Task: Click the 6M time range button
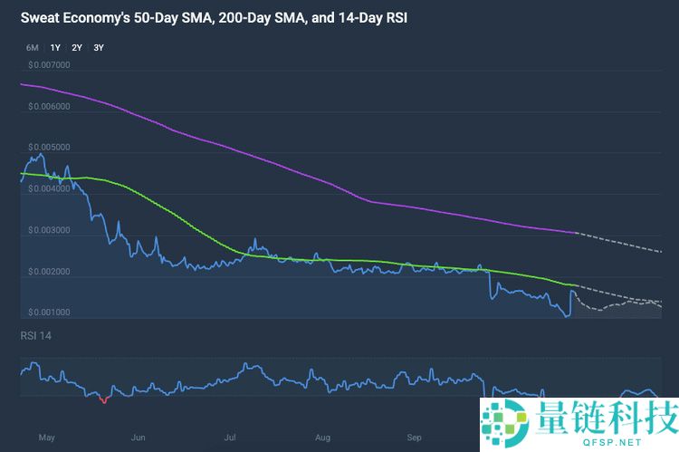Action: [x=32, y=47]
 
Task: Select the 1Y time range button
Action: [x=55, y=47]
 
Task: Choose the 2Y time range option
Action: [x=77, y=47]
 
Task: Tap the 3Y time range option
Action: [x=99, y=47]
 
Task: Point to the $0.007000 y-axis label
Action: [x=49, y=65]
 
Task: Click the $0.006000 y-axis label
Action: [x=49, y=107]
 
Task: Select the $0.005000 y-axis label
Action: [x=49, y=148]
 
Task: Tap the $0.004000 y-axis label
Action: [x=49, y=189]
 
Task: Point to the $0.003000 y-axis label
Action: [x=49, y=230]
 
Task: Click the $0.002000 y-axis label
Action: [x=49, y=272]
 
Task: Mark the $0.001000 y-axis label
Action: [x=49, y=313]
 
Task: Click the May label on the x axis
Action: [x=47, y=438]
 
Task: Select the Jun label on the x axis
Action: [x=139, y=438]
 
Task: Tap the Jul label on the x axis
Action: [x=231, y=438]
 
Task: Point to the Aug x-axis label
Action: [x=323, y=438]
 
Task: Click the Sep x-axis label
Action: [x=415, y=438]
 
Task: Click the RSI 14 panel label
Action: [x=36, y=336]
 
